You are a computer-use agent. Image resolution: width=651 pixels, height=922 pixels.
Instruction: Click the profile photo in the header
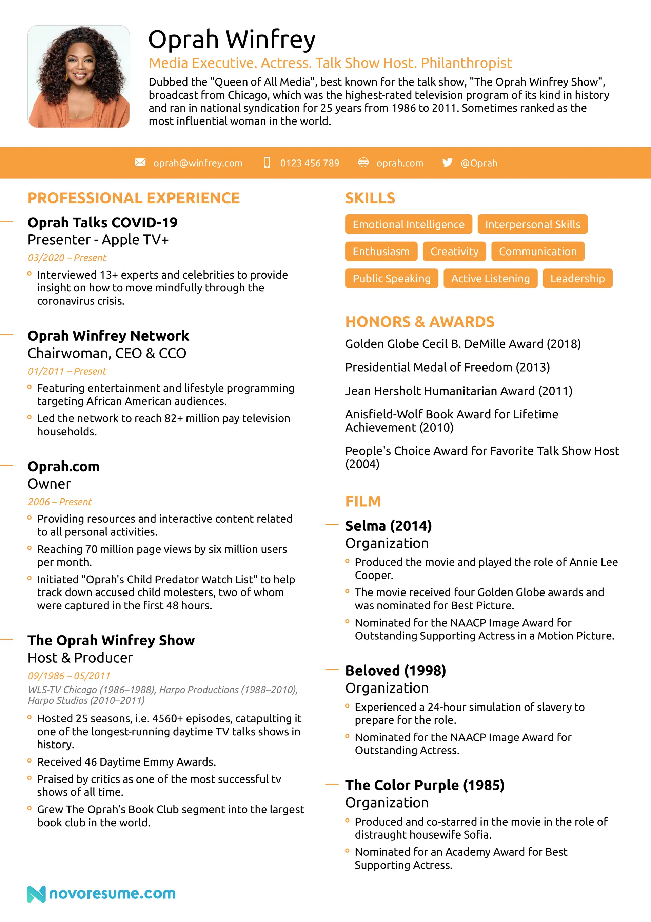click(x=79, y=76)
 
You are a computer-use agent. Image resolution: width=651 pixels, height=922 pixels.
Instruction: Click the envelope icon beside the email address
click(x=140, y=162)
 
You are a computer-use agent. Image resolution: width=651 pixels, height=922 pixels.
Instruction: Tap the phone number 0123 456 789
click(x=310, y=163)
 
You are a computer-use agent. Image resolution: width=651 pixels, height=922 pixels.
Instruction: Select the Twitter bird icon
click(x=447, y=162)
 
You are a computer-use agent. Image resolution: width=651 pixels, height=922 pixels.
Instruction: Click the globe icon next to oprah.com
click(x=363, y=162)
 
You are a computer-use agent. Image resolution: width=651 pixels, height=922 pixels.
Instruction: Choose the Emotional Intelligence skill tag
click(x=408, y=224)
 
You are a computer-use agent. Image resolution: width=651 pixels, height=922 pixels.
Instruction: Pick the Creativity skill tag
click(x=454, y=251)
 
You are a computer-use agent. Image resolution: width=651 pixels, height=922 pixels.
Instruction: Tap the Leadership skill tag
click(x=577, y=278)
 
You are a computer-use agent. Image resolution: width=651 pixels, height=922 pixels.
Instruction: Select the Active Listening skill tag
click(x=490, y=278)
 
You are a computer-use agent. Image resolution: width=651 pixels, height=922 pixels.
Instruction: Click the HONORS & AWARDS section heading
click(x=419, y=322)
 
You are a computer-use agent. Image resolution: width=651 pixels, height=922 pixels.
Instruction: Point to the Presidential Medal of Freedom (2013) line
click(x=447, y=367)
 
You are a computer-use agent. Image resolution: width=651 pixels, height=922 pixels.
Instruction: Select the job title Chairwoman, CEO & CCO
click(x=107, y=353)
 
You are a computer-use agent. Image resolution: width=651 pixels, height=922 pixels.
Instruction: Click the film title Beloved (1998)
click(x=395, y=670)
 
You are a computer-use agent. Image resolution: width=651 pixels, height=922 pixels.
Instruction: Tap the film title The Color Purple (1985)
click(x=425, y=785)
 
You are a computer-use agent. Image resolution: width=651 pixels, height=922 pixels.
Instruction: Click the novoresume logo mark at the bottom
click(x=36, y=894)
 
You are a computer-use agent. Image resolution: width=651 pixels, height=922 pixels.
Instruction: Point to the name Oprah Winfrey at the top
click(x=232, y=39)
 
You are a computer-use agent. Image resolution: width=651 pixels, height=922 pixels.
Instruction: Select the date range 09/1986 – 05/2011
click(x=68, y=676)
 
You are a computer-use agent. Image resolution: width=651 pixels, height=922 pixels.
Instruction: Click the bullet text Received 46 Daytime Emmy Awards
click(x=126, y=762)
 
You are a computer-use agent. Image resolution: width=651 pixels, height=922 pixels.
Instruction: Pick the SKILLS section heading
click(x=370, y=198)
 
